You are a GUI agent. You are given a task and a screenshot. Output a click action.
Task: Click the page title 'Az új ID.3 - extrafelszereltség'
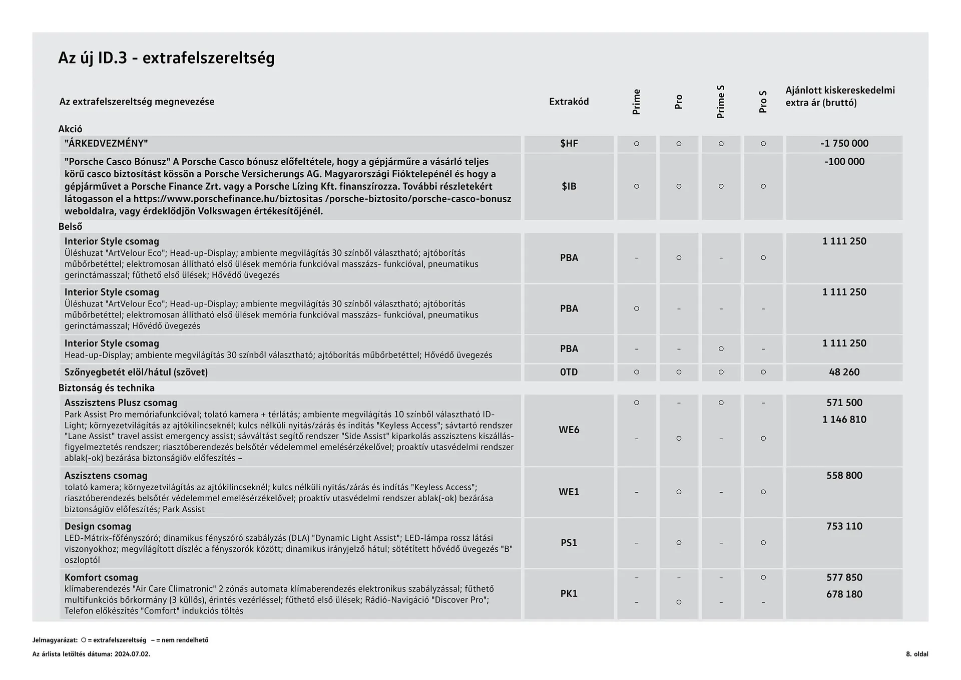click(166, 58)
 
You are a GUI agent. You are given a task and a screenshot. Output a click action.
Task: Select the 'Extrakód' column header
click(569, 102)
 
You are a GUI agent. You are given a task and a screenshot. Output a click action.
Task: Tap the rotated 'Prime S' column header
click(721, 102)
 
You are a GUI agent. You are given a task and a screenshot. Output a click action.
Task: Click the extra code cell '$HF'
click(569, 144)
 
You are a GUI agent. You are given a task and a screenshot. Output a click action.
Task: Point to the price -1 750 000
click(844, 144)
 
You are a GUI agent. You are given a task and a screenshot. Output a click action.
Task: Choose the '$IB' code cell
click(569, 186)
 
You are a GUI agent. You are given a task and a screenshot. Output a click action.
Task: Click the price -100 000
click(844, 162)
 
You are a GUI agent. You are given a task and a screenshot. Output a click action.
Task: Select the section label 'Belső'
click(70, 227)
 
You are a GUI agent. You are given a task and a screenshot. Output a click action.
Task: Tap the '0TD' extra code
click(569, 372)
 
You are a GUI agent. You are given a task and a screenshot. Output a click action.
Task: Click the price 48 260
click(844, 372)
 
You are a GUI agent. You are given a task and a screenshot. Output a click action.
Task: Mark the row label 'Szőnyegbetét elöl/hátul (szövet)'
click(136, 372)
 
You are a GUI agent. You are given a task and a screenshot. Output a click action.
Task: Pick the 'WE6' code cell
click(569, 430)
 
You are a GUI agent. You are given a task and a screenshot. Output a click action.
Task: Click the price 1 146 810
click(844, 420)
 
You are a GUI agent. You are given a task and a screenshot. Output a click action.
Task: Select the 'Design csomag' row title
click(98, 526)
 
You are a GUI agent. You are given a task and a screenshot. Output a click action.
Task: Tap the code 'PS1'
click(569, 543)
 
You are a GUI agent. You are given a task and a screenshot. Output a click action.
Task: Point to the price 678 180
click(844, 594)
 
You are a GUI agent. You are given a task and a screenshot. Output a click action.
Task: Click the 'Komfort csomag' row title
click(101, 577)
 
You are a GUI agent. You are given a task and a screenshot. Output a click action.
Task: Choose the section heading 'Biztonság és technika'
click(106, 388)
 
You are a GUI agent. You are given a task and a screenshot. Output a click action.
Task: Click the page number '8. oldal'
click(916, 654)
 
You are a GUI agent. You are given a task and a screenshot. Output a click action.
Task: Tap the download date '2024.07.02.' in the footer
click(132, 654)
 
